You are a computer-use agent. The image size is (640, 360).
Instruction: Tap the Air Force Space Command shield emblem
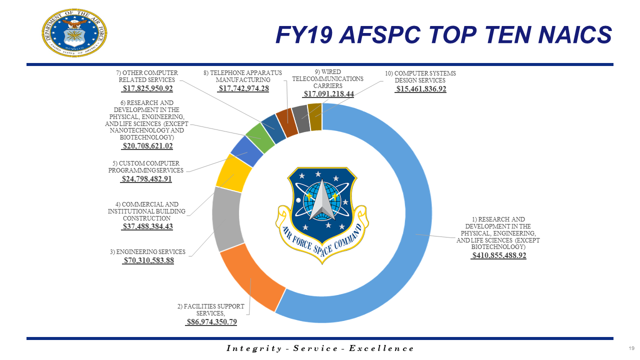tap(321, 209)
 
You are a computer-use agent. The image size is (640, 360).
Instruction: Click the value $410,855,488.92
tap(499, 255)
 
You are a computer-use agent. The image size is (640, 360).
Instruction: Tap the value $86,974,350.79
tap(211, 322)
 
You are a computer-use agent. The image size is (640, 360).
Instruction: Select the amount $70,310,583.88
tap(148, 260)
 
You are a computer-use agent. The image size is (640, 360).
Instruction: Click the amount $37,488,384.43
tap(147, 226)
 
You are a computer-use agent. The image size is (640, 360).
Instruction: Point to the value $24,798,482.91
tap(146, 178)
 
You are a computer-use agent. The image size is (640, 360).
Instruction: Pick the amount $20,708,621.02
tap(147, 146)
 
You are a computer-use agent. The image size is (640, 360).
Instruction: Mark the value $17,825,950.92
tap(147, 88)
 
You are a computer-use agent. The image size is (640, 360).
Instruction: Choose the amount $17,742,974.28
tap(243, 88)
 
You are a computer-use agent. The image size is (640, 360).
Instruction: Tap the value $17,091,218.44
tap(328, 94)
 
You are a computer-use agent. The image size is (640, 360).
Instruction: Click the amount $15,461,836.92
tap(420, 89)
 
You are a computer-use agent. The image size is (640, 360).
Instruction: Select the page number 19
tap(631, 348)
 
